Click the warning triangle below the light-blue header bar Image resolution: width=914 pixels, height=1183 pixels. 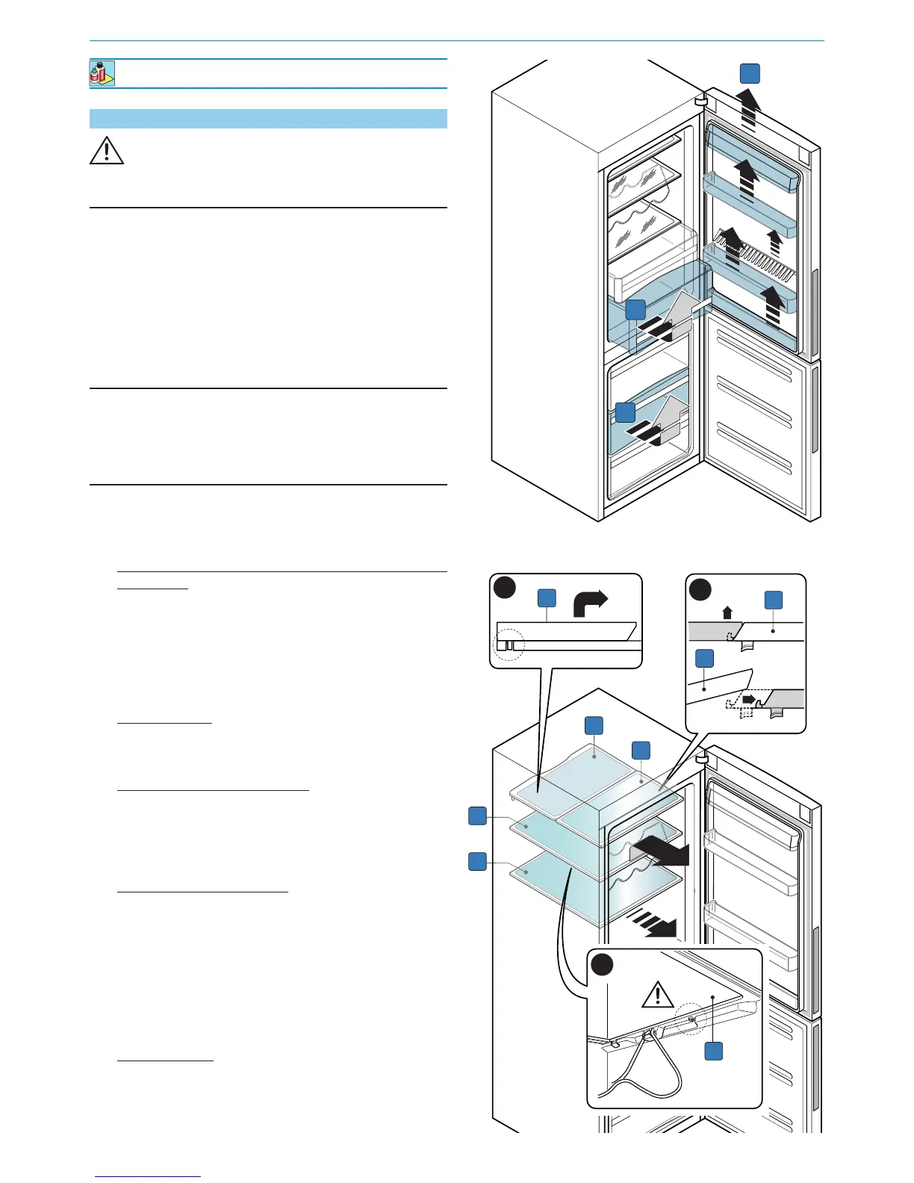[107, 151]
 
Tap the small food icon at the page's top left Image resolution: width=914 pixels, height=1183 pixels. [102, 74]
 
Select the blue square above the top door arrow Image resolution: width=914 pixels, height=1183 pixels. [750, 73]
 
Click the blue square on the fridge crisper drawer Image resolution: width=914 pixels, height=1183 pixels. [635, 310]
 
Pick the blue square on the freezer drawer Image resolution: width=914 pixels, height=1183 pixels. [625, 412]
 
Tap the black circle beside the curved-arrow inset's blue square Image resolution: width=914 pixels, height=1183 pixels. [505, 589]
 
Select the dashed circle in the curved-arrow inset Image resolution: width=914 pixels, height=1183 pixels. [511, 645]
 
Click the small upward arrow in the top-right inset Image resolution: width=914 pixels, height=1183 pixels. [728, 613]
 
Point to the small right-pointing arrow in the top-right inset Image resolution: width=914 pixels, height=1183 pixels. [747, 700]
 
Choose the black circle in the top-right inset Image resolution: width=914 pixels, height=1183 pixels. [700, 590]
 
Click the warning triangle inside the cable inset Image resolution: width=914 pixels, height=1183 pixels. [657, 995]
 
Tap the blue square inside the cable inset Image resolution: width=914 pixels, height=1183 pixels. [714, 1050]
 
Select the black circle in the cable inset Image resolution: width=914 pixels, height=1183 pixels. [603, 965]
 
